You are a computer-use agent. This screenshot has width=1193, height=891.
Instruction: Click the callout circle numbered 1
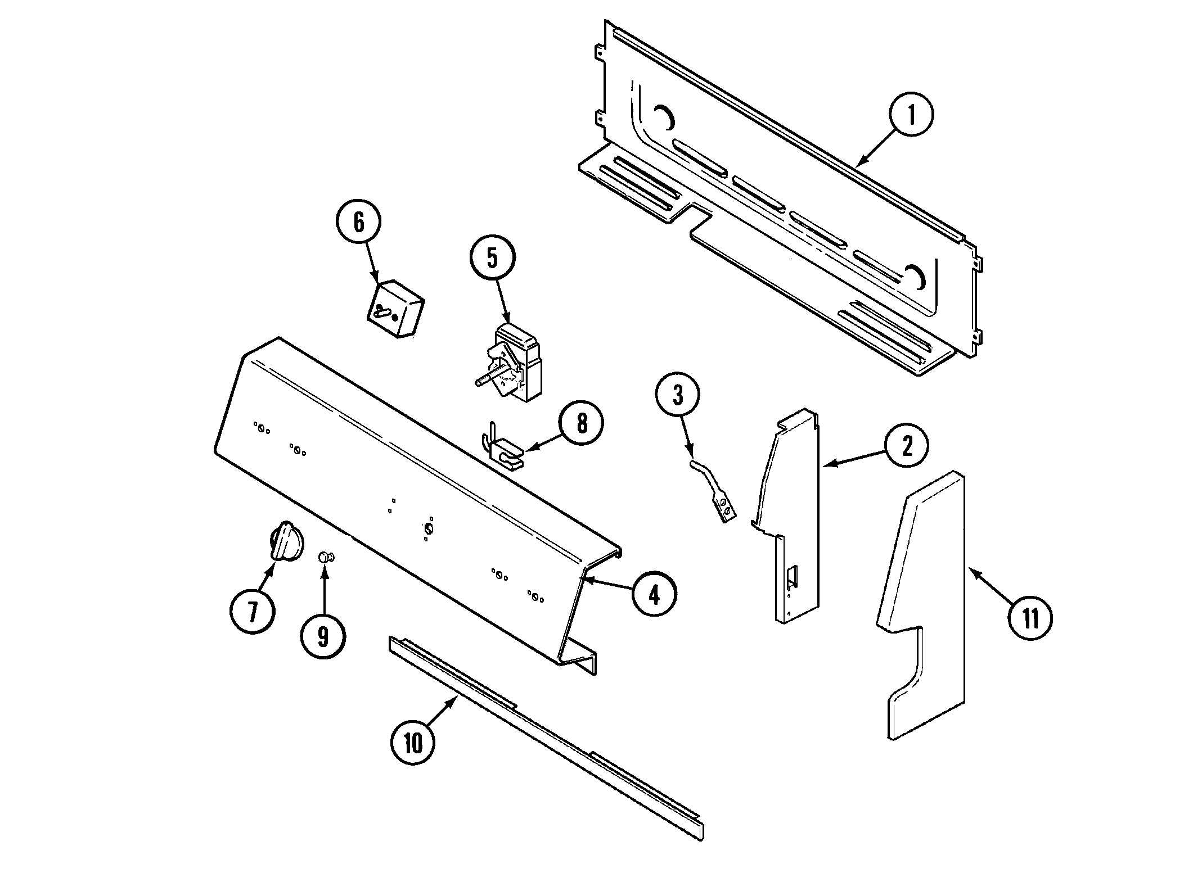click(x=912, y=115)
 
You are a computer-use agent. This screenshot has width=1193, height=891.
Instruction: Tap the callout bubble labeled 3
click(x=678, y=396)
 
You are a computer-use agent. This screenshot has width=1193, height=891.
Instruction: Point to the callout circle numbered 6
click(x=359, y=223)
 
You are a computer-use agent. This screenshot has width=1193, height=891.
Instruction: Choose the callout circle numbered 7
click(x=253, y=611)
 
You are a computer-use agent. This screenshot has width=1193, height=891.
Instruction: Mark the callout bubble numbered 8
click(x=582, y=423)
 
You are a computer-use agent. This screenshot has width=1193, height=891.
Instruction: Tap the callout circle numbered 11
click(x=1030, y=618)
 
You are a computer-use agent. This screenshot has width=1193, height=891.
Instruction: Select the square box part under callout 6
click(x=396, y=310)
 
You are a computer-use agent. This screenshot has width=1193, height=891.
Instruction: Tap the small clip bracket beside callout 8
click(x=505, y=450)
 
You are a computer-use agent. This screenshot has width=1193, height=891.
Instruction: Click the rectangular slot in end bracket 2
click(x=792, y=575)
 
